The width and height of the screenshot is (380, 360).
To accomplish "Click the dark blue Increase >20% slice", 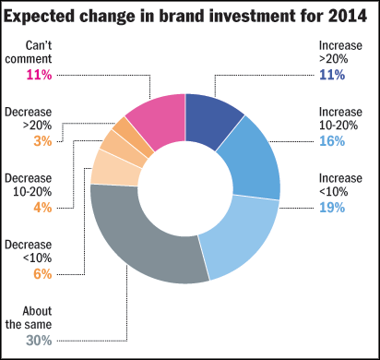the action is click(x=211, y=119).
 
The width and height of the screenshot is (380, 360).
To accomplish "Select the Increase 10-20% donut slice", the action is click(x=253, y=163).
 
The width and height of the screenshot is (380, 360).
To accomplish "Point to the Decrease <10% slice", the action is click(x=115, y=169).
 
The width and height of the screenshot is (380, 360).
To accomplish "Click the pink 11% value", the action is click(x=39, y=75).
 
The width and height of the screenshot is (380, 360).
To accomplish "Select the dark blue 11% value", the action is click(x=332, y=75).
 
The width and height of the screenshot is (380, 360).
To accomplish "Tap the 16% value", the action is click(x=332, y=141).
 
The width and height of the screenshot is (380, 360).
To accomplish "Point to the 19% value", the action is click(x=332, y=208).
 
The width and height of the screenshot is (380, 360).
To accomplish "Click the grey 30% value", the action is click(x=39, y=341).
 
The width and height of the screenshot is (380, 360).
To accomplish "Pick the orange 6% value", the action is click(x=42, y=274).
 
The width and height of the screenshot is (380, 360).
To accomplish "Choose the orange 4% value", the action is click(x=42, y=208).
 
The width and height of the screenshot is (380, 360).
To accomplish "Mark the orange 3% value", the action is click(x=42, y=141).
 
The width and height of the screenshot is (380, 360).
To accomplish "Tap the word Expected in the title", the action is click(x=39, y=17).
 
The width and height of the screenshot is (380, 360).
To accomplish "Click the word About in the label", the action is click(x=37, y=311).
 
